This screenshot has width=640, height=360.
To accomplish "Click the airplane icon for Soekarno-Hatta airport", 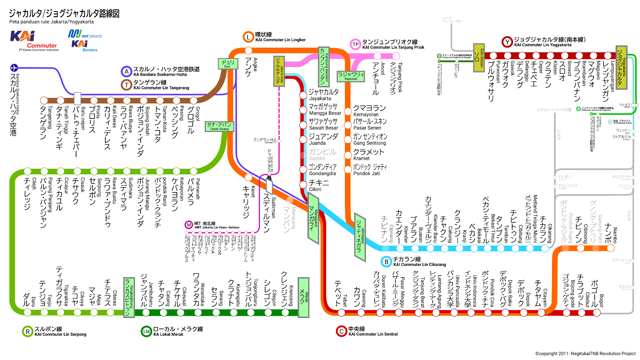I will (x=14, y=68).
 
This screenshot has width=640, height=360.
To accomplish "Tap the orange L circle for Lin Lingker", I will (x=248, y=37).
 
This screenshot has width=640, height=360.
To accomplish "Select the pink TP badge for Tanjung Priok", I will (x=355, y=44).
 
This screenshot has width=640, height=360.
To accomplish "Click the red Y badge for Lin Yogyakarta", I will (x=507, y=42).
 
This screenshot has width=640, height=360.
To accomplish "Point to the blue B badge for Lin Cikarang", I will (x=386, y=261).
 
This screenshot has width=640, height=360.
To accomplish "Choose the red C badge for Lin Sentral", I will (x=341, y=331).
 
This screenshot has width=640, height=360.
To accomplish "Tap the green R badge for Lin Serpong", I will (x=27, y=331).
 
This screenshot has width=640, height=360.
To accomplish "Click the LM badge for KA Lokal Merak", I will (x=146, y=331).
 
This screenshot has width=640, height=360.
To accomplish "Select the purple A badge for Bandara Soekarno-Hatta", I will (x=126, y=71).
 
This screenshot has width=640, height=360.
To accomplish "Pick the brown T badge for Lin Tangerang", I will (x=126, y=85).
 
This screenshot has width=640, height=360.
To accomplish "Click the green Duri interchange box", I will (x=228, y=64).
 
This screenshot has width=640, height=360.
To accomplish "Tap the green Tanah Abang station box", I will (x=219, y=126).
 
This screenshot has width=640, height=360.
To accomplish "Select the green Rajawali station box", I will (x=351, y=76).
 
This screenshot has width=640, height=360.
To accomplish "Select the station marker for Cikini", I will (x=303, y=185).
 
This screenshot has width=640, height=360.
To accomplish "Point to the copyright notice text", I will (x=585, y=354).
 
